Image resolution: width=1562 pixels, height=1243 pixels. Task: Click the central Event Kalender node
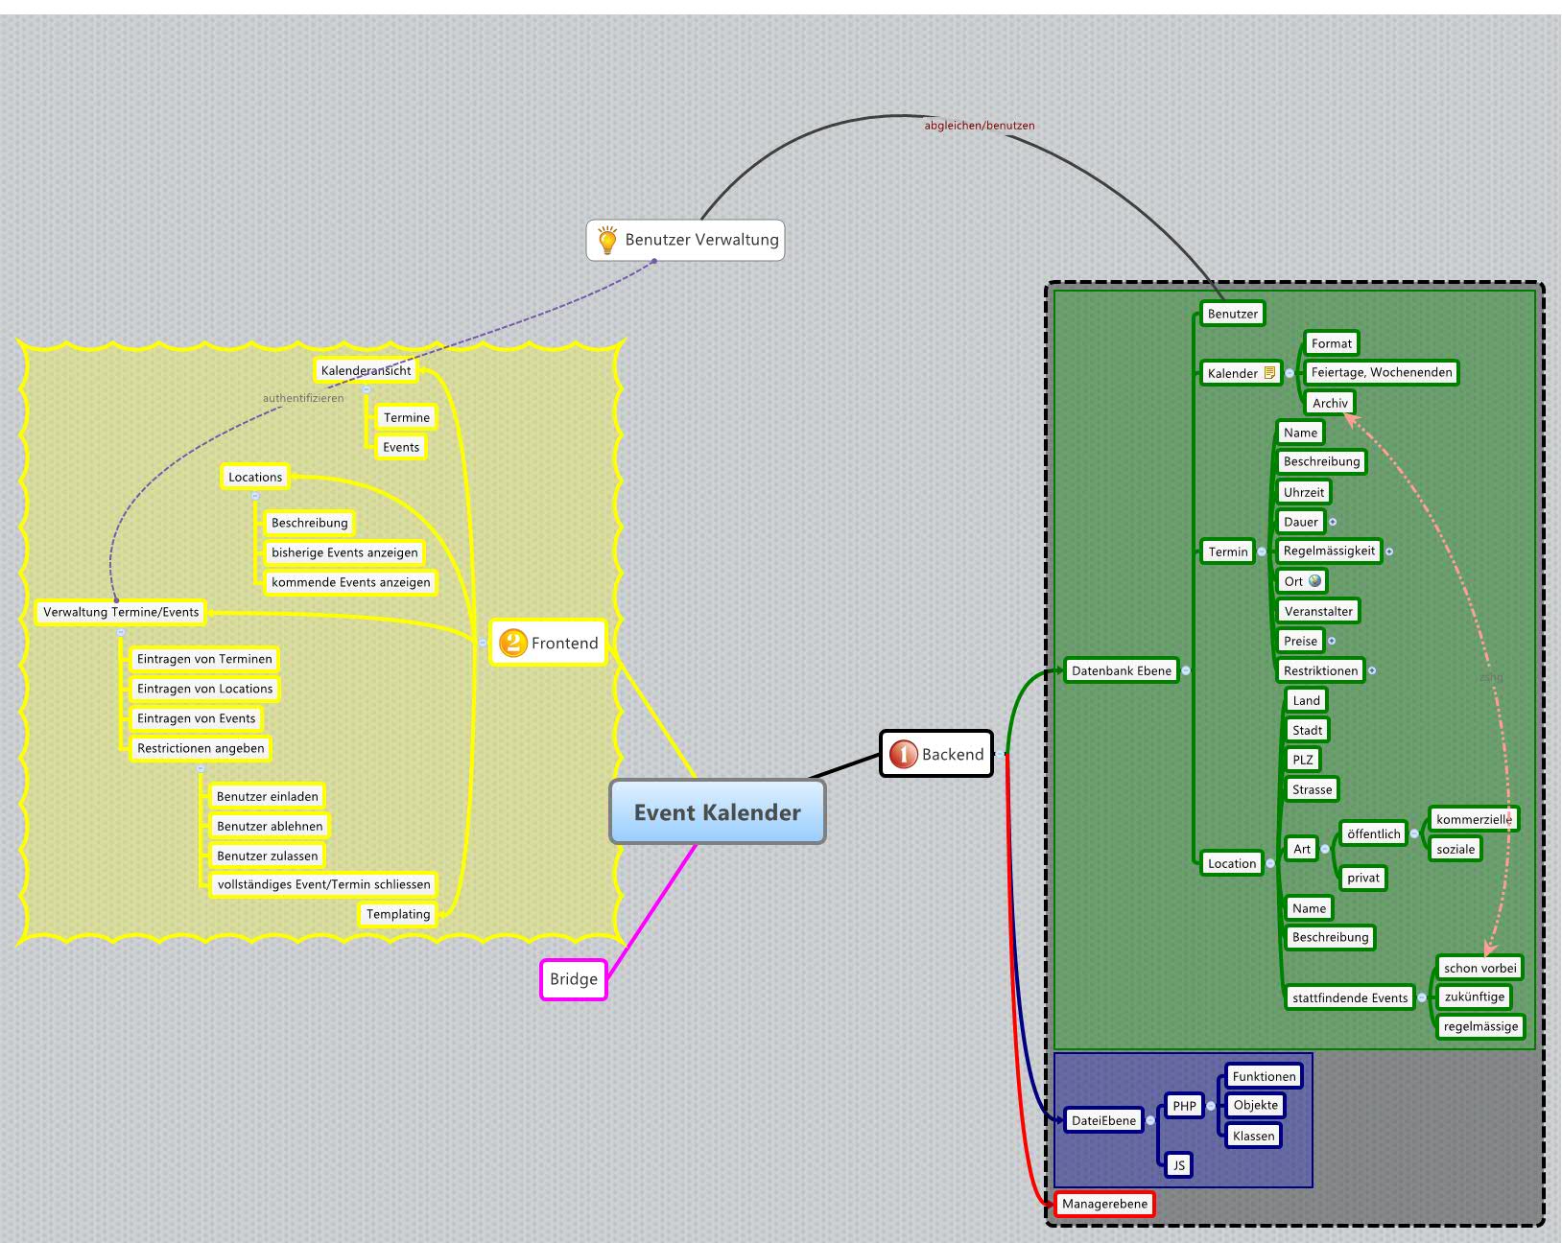(717, 811)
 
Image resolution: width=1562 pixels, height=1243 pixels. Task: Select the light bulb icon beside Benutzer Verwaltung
(607, 240)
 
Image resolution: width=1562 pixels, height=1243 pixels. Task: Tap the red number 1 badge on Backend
(903, 754)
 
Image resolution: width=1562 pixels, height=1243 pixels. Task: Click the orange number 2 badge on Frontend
(513, 643)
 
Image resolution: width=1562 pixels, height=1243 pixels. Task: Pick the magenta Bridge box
(574, 979)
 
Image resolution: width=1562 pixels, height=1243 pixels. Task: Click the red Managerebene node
(1104, 1204)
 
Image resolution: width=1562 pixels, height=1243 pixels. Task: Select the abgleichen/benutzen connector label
(979, 126)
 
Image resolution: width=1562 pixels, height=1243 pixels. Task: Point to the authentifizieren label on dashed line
(303, 398)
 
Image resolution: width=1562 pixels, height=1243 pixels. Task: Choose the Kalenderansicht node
(366, 370)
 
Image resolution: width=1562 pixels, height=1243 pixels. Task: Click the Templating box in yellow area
(397, 914)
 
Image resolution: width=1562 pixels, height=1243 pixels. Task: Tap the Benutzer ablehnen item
(270, 826)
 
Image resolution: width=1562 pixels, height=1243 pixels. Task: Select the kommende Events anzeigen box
(350, 582)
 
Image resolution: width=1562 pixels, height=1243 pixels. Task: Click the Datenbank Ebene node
(1122, 670)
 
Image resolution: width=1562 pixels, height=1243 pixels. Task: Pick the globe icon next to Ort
(1314, 580)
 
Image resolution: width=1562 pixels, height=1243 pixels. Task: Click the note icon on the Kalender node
(1269, 372)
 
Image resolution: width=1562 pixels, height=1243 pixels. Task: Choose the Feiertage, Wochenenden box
(1382, 372)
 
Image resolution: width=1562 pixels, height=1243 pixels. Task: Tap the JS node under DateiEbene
(1178, 1165)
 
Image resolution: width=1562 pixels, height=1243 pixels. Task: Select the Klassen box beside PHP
(1253, 1136)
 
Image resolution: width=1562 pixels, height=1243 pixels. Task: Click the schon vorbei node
(1479, 968)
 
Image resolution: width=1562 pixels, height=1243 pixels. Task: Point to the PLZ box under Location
(1302, 760)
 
